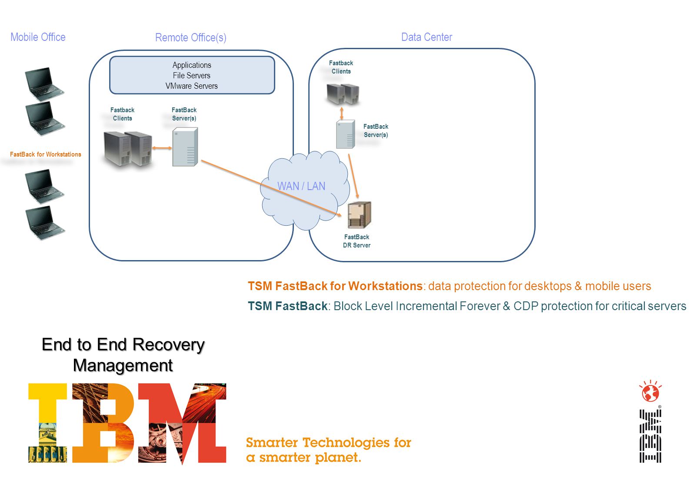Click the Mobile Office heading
coord(38,37)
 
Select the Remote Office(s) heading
coord(191,37)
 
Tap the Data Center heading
coord(427,37)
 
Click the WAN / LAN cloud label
coord(301,186)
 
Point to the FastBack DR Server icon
coord(359,215)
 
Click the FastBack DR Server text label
coord(357,241)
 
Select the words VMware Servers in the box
coord(192,86)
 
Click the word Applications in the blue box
coord(192,65)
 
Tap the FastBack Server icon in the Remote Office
coord(185,147)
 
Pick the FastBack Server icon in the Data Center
coord(345,134)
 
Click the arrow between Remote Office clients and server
coord(162,148)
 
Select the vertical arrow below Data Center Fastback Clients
coord(341,113)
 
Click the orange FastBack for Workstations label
coord(46,154)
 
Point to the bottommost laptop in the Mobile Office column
coord(45,222)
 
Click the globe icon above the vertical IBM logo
coord(650,391)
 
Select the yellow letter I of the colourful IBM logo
coord(48,423)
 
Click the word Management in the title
coord(123,366)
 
